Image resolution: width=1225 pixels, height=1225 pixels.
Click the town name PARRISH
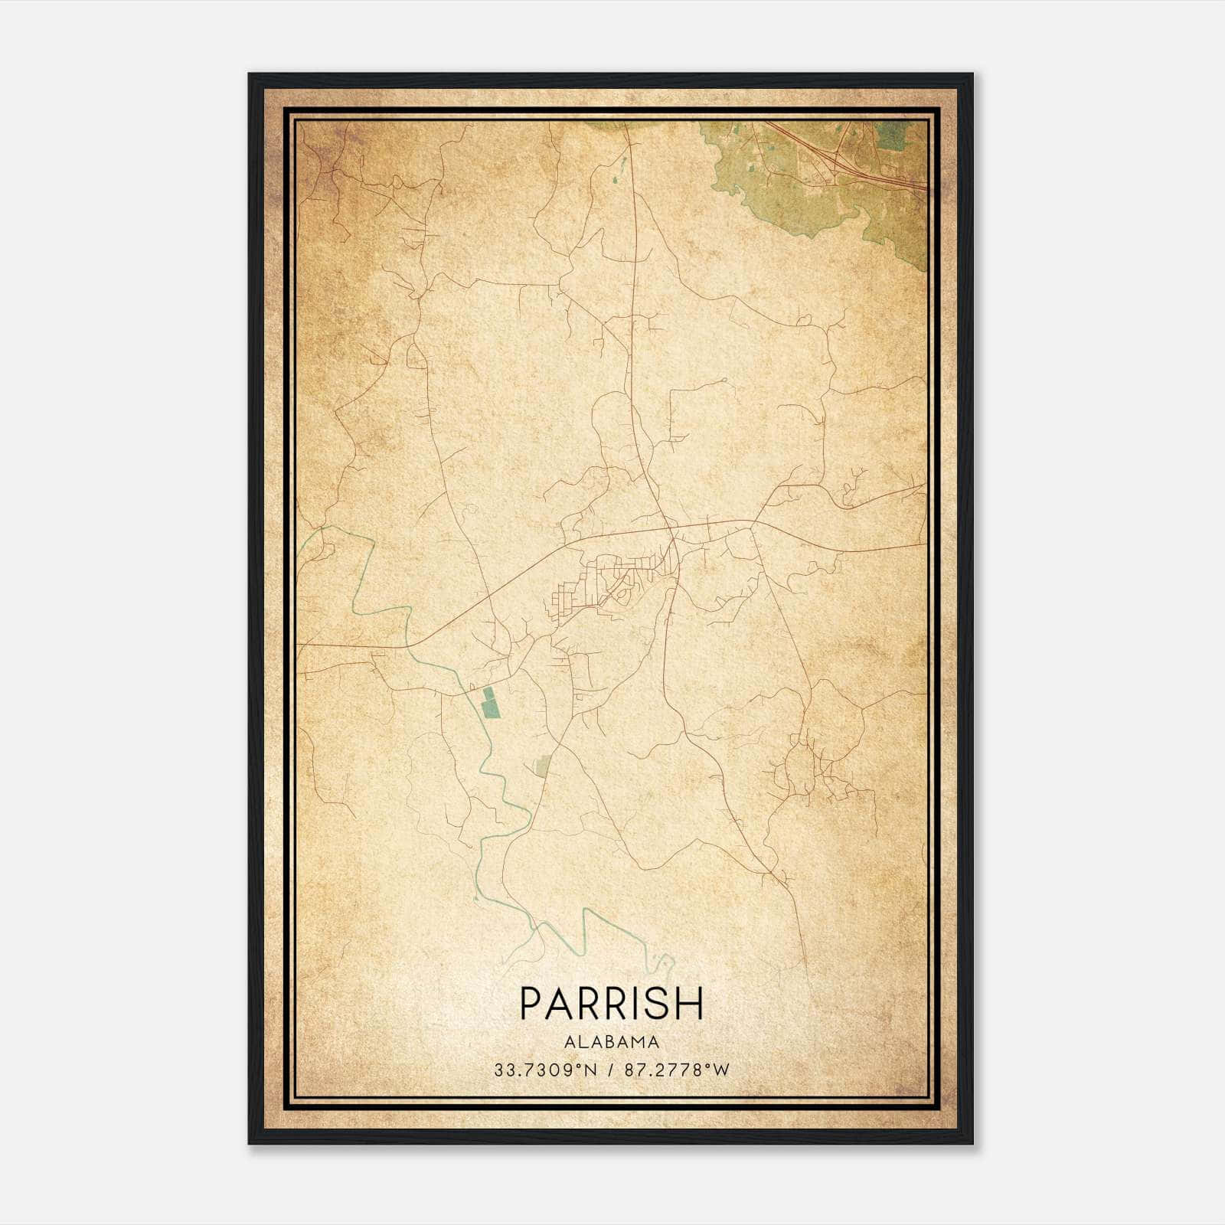[x=611, y=1003]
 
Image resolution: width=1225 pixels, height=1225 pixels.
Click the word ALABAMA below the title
[x=611, y=1042]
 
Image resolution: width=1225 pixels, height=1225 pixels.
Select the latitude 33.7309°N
[x=544, y=1070]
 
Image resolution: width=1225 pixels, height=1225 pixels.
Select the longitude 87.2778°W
[x=678, y=1070]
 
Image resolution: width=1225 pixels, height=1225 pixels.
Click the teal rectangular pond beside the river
[x=488, y=702]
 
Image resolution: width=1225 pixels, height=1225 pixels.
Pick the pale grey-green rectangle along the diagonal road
[x=543, y=765]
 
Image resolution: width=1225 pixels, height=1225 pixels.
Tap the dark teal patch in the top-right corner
[x=890, y=136]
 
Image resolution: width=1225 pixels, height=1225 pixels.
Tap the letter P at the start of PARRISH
[x=531, y=1003]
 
